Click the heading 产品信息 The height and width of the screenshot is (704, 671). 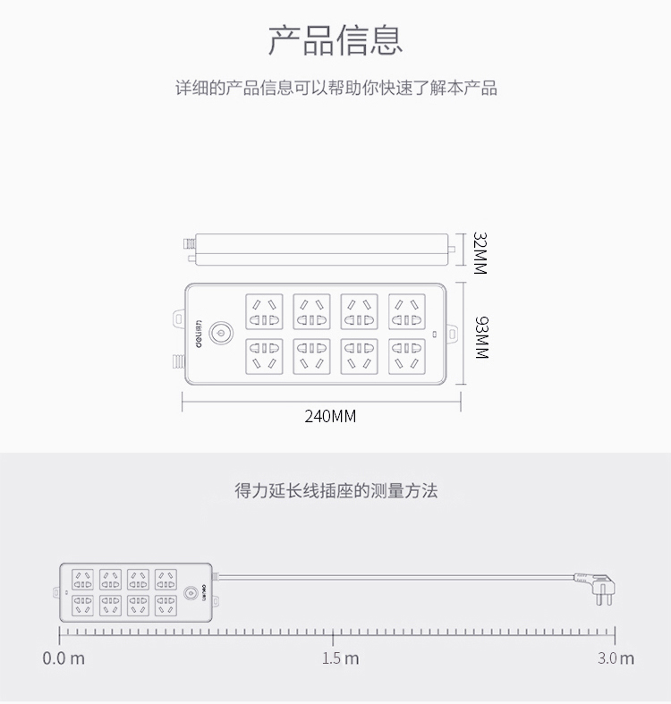pyautogui.click(x=335, y=40)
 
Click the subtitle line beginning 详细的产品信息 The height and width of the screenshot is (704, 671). pyautogui.click(x=335, y=89)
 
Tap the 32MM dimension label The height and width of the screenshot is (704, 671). pyautogui.click(x=480, y=253)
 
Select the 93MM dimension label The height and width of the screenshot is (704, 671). pyautogui.click(x=480, y=336)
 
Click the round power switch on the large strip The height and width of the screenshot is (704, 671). pyautogui.click(x=219, y=335)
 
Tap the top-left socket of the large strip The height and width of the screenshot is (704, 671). pyautogui.click(x=264, y=311)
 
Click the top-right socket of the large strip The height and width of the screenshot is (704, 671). pyautogui.click(x=406, y=311)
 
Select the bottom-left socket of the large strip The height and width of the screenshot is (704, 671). pyautogui.click(x=264, y=356)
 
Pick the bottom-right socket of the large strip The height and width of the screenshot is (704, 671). pyautogui.click(x=406, y=356)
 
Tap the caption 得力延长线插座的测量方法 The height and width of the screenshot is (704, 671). pyautogui.click(x=335, y=491)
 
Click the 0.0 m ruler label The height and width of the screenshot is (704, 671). pyautogui.click(x=64, y=659)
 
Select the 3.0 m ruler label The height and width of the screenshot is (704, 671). pyautogui.click(x=616, y=659)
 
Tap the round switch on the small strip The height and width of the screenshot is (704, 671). pyautogui.click(x=188, y=592)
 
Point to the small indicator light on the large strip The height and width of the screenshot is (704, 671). pyautogui.click(x=435, y=335)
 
